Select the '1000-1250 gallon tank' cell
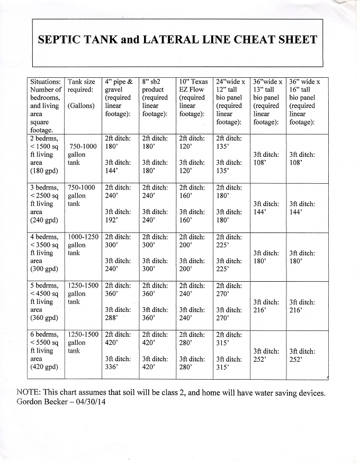(x=82, y=245)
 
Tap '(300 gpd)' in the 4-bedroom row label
(x=46, y=270)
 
